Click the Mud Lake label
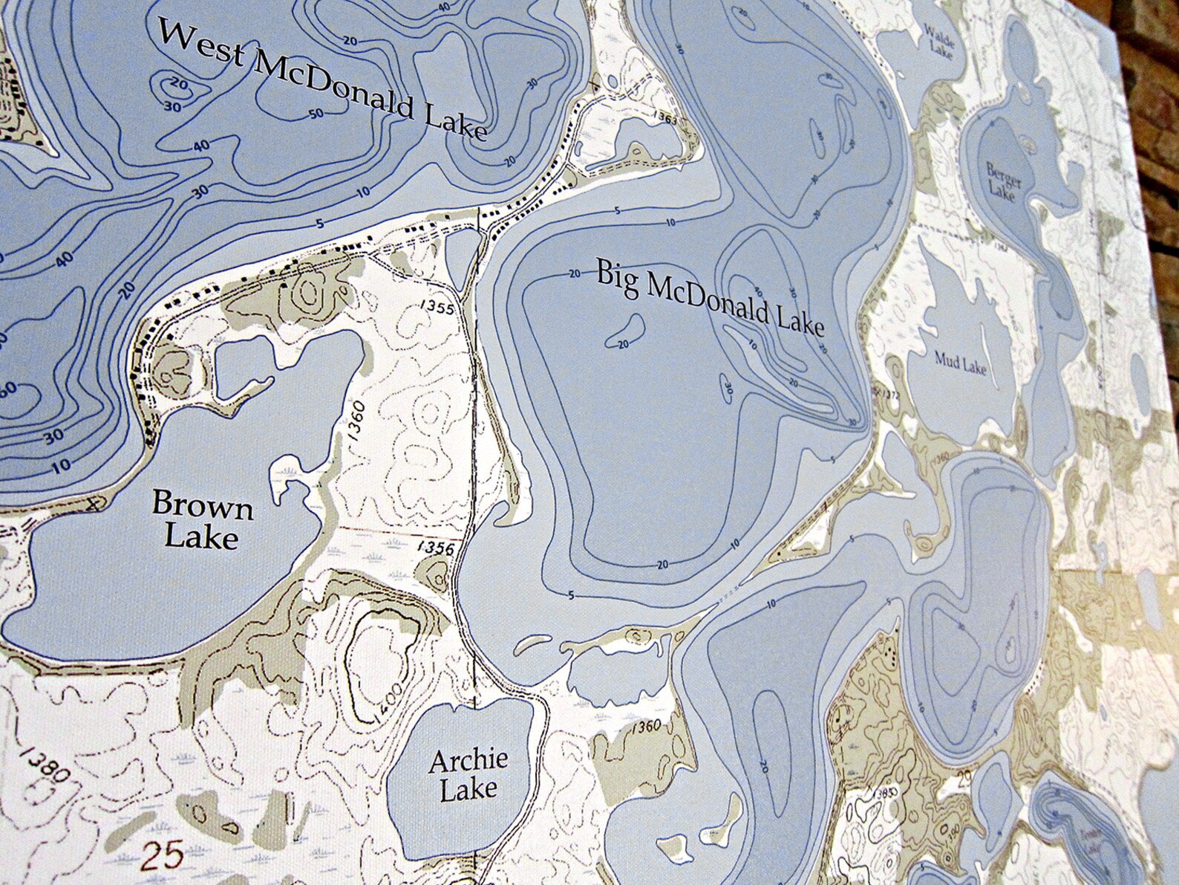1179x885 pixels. tap(961, 364)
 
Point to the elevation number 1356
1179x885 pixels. tap(436, 548)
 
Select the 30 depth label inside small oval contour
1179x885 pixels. tap(727, 387)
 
